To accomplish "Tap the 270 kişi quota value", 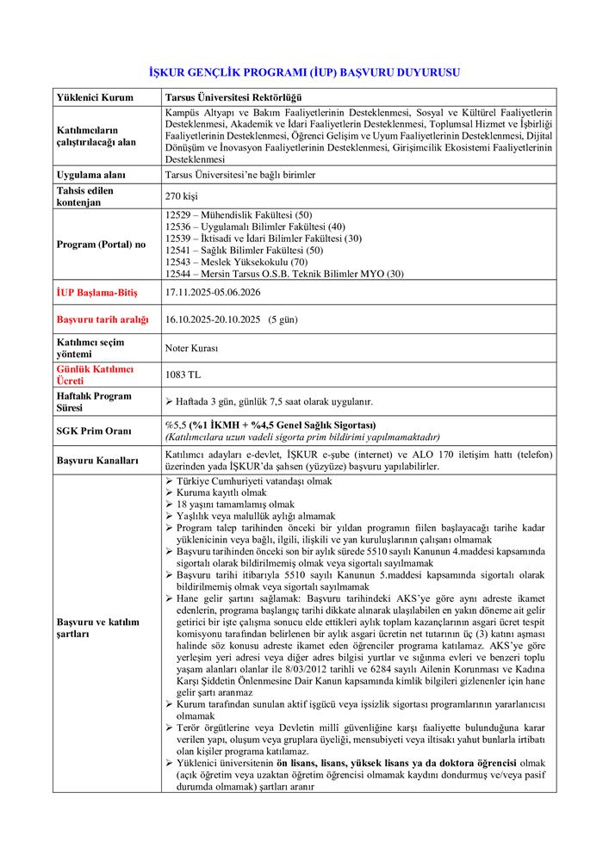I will click(x=181, y=196).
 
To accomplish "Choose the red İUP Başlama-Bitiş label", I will click(x=96, y=292).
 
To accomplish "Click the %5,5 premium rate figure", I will click(x=175, y=424).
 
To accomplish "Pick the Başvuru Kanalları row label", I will click(x=97, y=461).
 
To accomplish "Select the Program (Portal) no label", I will click(x=101, y=244).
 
